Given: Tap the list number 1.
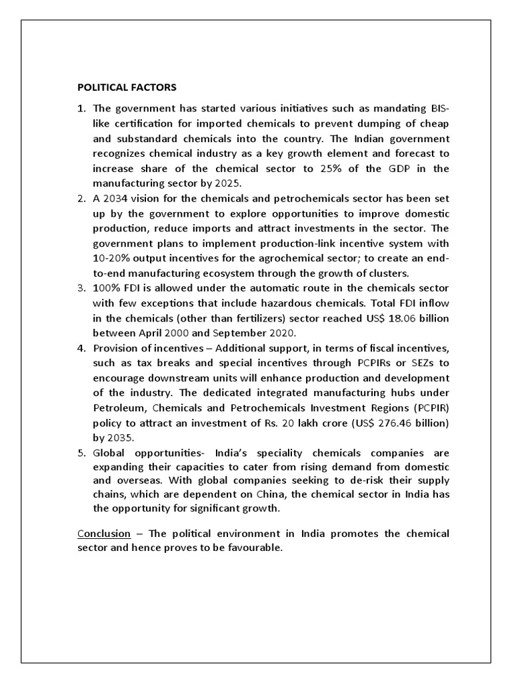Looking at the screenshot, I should click(81, 108).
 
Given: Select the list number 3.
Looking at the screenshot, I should click(81, 287).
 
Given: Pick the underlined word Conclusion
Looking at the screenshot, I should click(103, 534).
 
